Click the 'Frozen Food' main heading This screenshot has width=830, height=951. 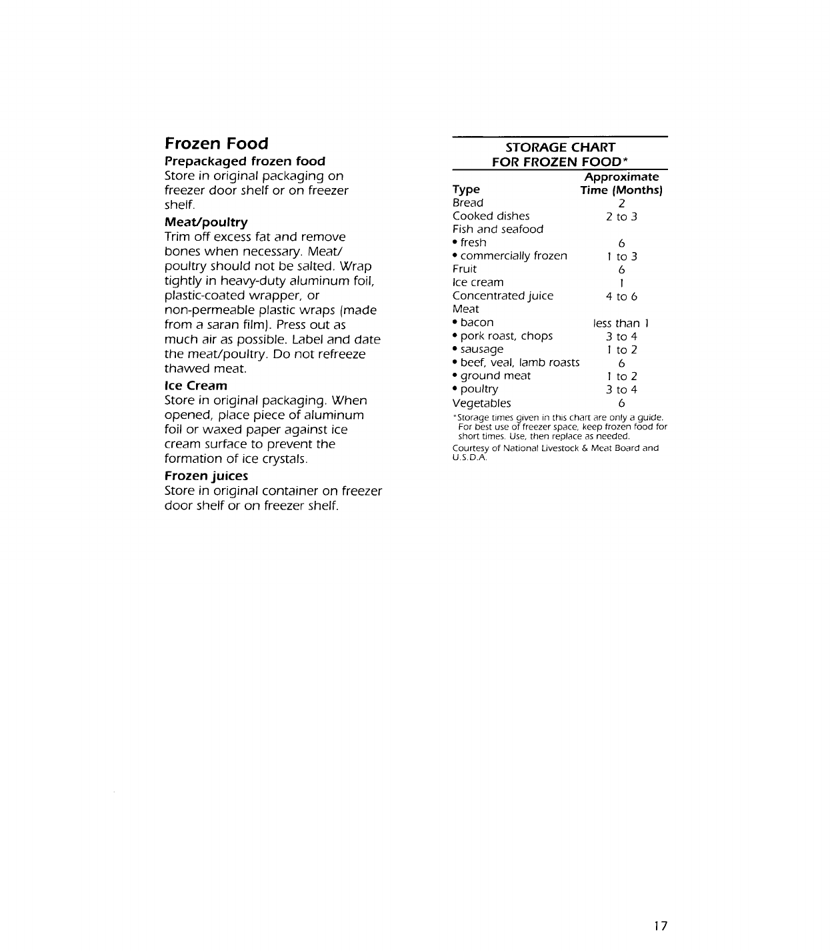(x=216, y=143)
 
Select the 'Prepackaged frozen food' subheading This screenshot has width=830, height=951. (x=245, y=161)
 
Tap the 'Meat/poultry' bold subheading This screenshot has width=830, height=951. (x=206, y=222)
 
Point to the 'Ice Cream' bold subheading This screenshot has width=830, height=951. (x=195, y=385)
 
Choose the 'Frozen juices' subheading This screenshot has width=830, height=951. (x=206, y=476)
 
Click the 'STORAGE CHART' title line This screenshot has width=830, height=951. (x=560, y=147)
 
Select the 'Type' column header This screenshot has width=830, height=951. (x=466, y=190)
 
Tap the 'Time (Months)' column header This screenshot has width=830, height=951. (x=621, y=190)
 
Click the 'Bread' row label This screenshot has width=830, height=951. (x=467, y=203)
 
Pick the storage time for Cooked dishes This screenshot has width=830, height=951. (x=621, y=217)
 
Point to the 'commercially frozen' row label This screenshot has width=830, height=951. (x=513, y=256)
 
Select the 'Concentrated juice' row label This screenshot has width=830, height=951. (x=503, y=296)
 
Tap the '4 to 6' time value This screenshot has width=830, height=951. (x=621, y=297)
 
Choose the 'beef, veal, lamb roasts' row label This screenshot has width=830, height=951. (x=519, y=363)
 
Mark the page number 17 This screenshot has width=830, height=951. (x=660, y=926)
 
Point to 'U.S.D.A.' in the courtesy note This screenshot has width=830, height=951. (x=470, y=457)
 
